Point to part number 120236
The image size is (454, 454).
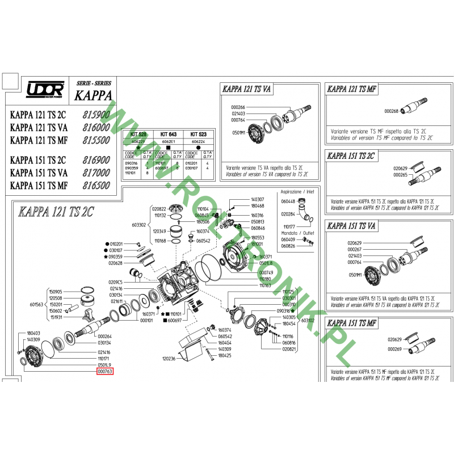click(x=169, y=359)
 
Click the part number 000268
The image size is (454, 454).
click(x=392, y=111)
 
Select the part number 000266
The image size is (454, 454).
click(x=238, y=107)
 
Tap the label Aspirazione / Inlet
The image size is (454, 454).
click(x=297, y=192)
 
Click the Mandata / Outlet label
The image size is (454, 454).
click(x=297, y=233)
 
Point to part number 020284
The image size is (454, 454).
click(x=288, y=214)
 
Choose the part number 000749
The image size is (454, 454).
click(x=266, y=273)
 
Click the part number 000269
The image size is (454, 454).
click(x=395, y=348)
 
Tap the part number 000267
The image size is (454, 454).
click(x=355, y=249)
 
